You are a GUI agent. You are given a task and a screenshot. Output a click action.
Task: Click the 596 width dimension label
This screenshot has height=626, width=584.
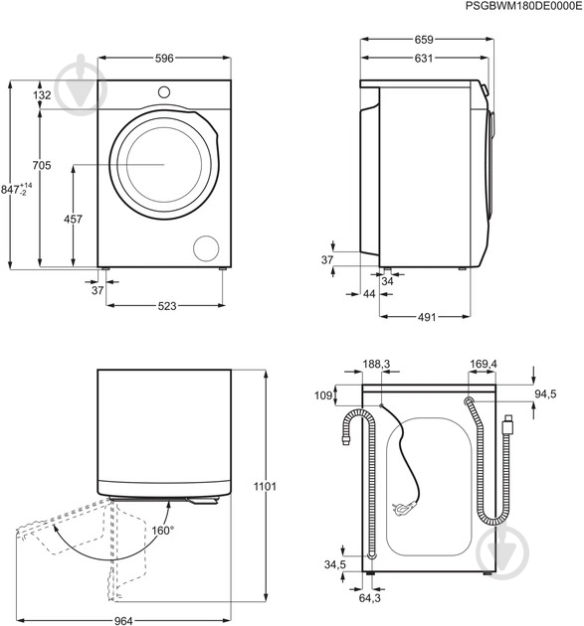(164, 59)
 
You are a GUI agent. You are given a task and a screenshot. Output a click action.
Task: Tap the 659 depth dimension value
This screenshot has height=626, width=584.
(424, 40)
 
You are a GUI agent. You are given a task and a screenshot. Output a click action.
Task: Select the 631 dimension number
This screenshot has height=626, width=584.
(424, 59)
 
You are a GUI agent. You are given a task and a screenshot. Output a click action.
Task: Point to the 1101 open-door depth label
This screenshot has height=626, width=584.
(265, 486)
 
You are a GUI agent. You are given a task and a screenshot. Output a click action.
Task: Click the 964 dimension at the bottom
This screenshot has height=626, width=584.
(123, 621)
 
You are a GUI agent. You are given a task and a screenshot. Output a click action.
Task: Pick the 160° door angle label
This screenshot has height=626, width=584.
(163, 531)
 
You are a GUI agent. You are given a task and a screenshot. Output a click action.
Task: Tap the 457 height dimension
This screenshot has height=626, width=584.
(74, 219)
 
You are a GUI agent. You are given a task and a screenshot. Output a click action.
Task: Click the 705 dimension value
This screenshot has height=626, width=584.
(42, 165)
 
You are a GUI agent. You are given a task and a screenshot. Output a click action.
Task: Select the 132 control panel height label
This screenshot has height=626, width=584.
(42, 95)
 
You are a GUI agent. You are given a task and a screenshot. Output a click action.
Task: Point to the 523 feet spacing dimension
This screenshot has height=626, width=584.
(167, 306)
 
